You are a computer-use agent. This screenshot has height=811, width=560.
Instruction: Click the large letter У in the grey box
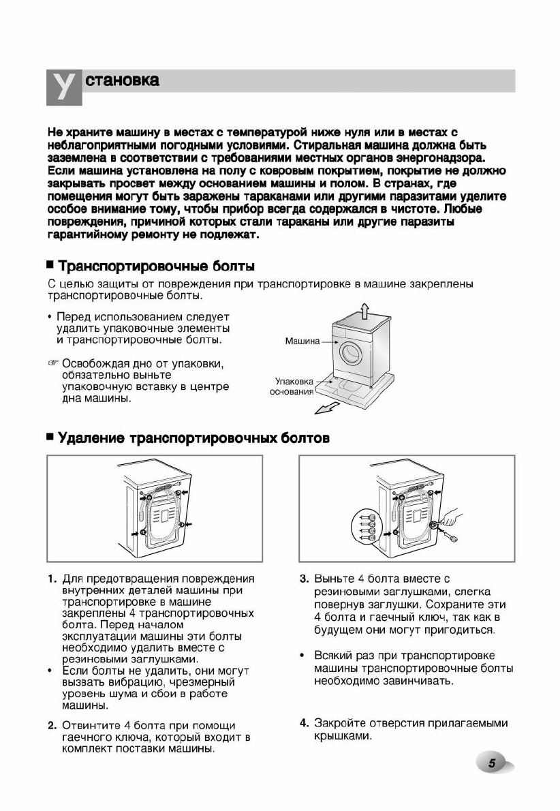63,87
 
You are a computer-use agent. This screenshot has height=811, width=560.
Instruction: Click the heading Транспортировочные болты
157,265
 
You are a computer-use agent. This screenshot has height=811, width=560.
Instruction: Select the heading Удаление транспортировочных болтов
193,438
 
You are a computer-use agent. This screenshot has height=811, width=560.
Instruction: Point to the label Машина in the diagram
302,341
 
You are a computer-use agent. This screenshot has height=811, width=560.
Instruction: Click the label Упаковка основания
291,386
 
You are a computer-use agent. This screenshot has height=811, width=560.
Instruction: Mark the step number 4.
305,722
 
